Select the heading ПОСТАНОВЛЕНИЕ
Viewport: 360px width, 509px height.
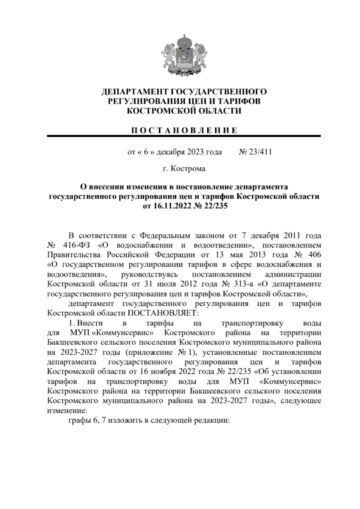click(184, 130)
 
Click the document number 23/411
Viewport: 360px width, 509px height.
click(260, 152)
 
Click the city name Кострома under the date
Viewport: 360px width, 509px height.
click(188, 169)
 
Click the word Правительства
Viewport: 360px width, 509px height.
click(73, 255)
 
